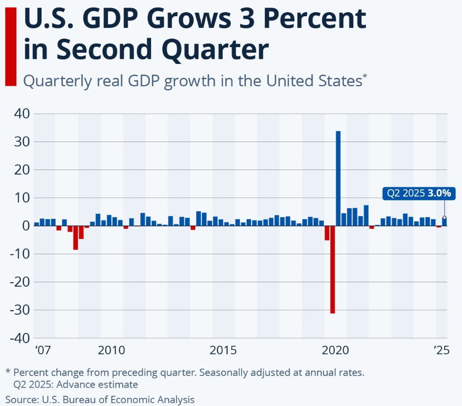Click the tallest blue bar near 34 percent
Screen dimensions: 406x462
(x=338, y=178)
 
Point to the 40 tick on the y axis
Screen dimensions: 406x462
(x=22, y=114)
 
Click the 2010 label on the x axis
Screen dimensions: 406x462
(x=112, y=350)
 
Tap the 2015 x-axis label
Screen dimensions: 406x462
(x=224, y=350)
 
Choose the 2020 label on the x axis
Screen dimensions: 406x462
(x=336, y=350)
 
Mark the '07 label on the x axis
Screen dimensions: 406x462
(x=43, y=350)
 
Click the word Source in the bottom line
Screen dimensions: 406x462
(x=21, y=399)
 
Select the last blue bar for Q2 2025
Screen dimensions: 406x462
(x=445, y=221)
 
